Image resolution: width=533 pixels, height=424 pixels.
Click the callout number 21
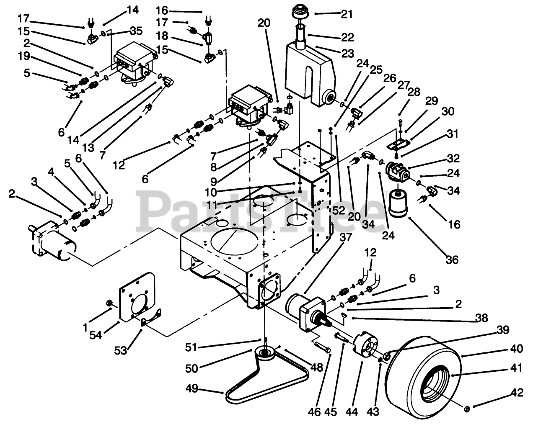coord(347,14)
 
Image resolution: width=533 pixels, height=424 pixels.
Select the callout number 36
coord(452,260)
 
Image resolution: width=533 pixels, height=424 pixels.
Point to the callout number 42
coord(517,393)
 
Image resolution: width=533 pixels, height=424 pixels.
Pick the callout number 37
coord(346,237)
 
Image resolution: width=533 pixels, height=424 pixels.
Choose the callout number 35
coord(136,31)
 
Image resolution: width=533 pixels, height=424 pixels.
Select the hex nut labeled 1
coord(108,303)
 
